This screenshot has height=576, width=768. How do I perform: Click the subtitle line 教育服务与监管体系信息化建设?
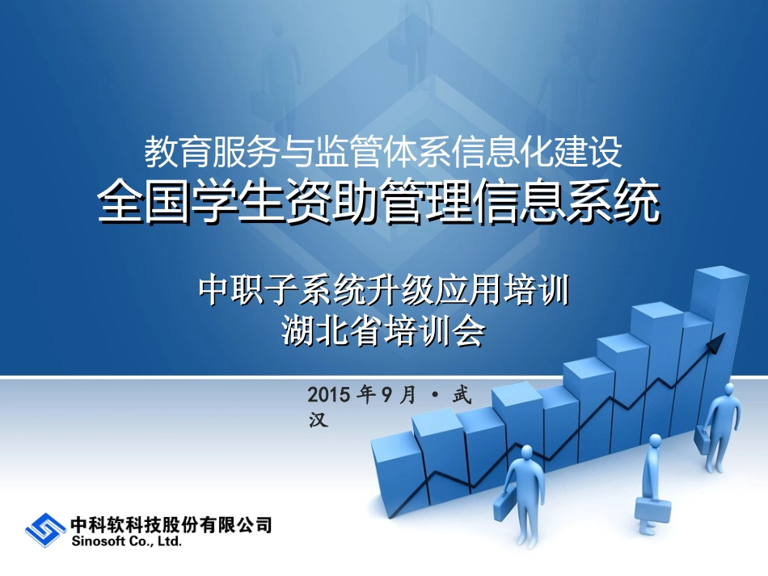tap(383, 149)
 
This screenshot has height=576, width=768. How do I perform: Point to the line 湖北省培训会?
tap(383, 330)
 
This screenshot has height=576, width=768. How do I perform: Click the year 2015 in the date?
tap(327, 395)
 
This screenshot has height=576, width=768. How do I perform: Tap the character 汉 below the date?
tap(319, 420)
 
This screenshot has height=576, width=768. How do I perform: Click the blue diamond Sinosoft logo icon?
tap(45, 530)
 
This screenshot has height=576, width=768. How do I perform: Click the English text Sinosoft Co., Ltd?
tap(127, 543)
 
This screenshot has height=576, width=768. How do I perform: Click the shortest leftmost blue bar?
tap(396, 469)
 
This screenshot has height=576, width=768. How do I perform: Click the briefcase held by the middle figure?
tap(652, 509)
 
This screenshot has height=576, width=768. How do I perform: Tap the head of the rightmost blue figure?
tap(728, 389)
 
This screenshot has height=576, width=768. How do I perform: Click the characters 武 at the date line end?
tap(461, 395)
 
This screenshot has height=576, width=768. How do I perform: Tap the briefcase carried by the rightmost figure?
tap(705, 439)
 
